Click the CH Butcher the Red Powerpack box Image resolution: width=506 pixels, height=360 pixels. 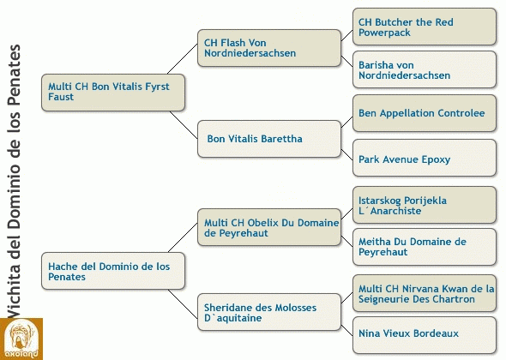[425, 27]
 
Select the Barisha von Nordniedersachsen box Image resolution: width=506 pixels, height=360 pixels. [425, 69]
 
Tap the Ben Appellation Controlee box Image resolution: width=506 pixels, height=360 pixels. [425, 113]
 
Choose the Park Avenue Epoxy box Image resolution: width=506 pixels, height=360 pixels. [425, 158]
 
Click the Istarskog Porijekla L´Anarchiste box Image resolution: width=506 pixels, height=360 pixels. [425, 205]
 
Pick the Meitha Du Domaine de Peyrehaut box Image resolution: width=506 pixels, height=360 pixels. [425, 247]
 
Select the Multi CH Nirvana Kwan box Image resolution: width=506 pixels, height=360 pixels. [425, 293]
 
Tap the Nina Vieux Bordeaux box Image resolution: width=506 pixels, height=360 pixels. [425, 335]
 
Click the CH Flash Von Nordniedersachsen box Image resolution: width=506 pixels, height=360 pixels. [269, 48]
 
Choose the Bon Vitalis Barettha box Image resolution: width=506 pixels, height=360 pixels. [269, 139]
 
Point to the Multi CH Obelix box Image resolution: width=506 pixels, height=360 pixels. [269, 227]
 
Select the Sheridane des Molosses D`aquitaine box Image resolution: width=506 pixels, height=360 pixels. [269, 312]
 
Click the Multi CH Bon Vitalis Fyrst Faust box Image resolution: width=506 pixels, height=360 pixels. [113, 93]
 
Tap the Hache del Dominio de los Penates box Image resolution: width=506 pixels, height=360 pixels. [113, 271]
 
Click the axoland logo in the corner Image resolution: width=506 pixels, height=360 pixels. [21, 339]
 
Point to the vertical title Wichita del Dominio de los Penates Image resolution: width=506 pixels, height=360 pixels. [14, 181]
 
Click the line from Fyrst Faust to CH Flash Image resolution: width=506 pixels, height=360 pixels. [183, 59]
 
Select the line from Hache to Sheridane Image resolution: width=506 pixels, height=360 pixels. [183, 304]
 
